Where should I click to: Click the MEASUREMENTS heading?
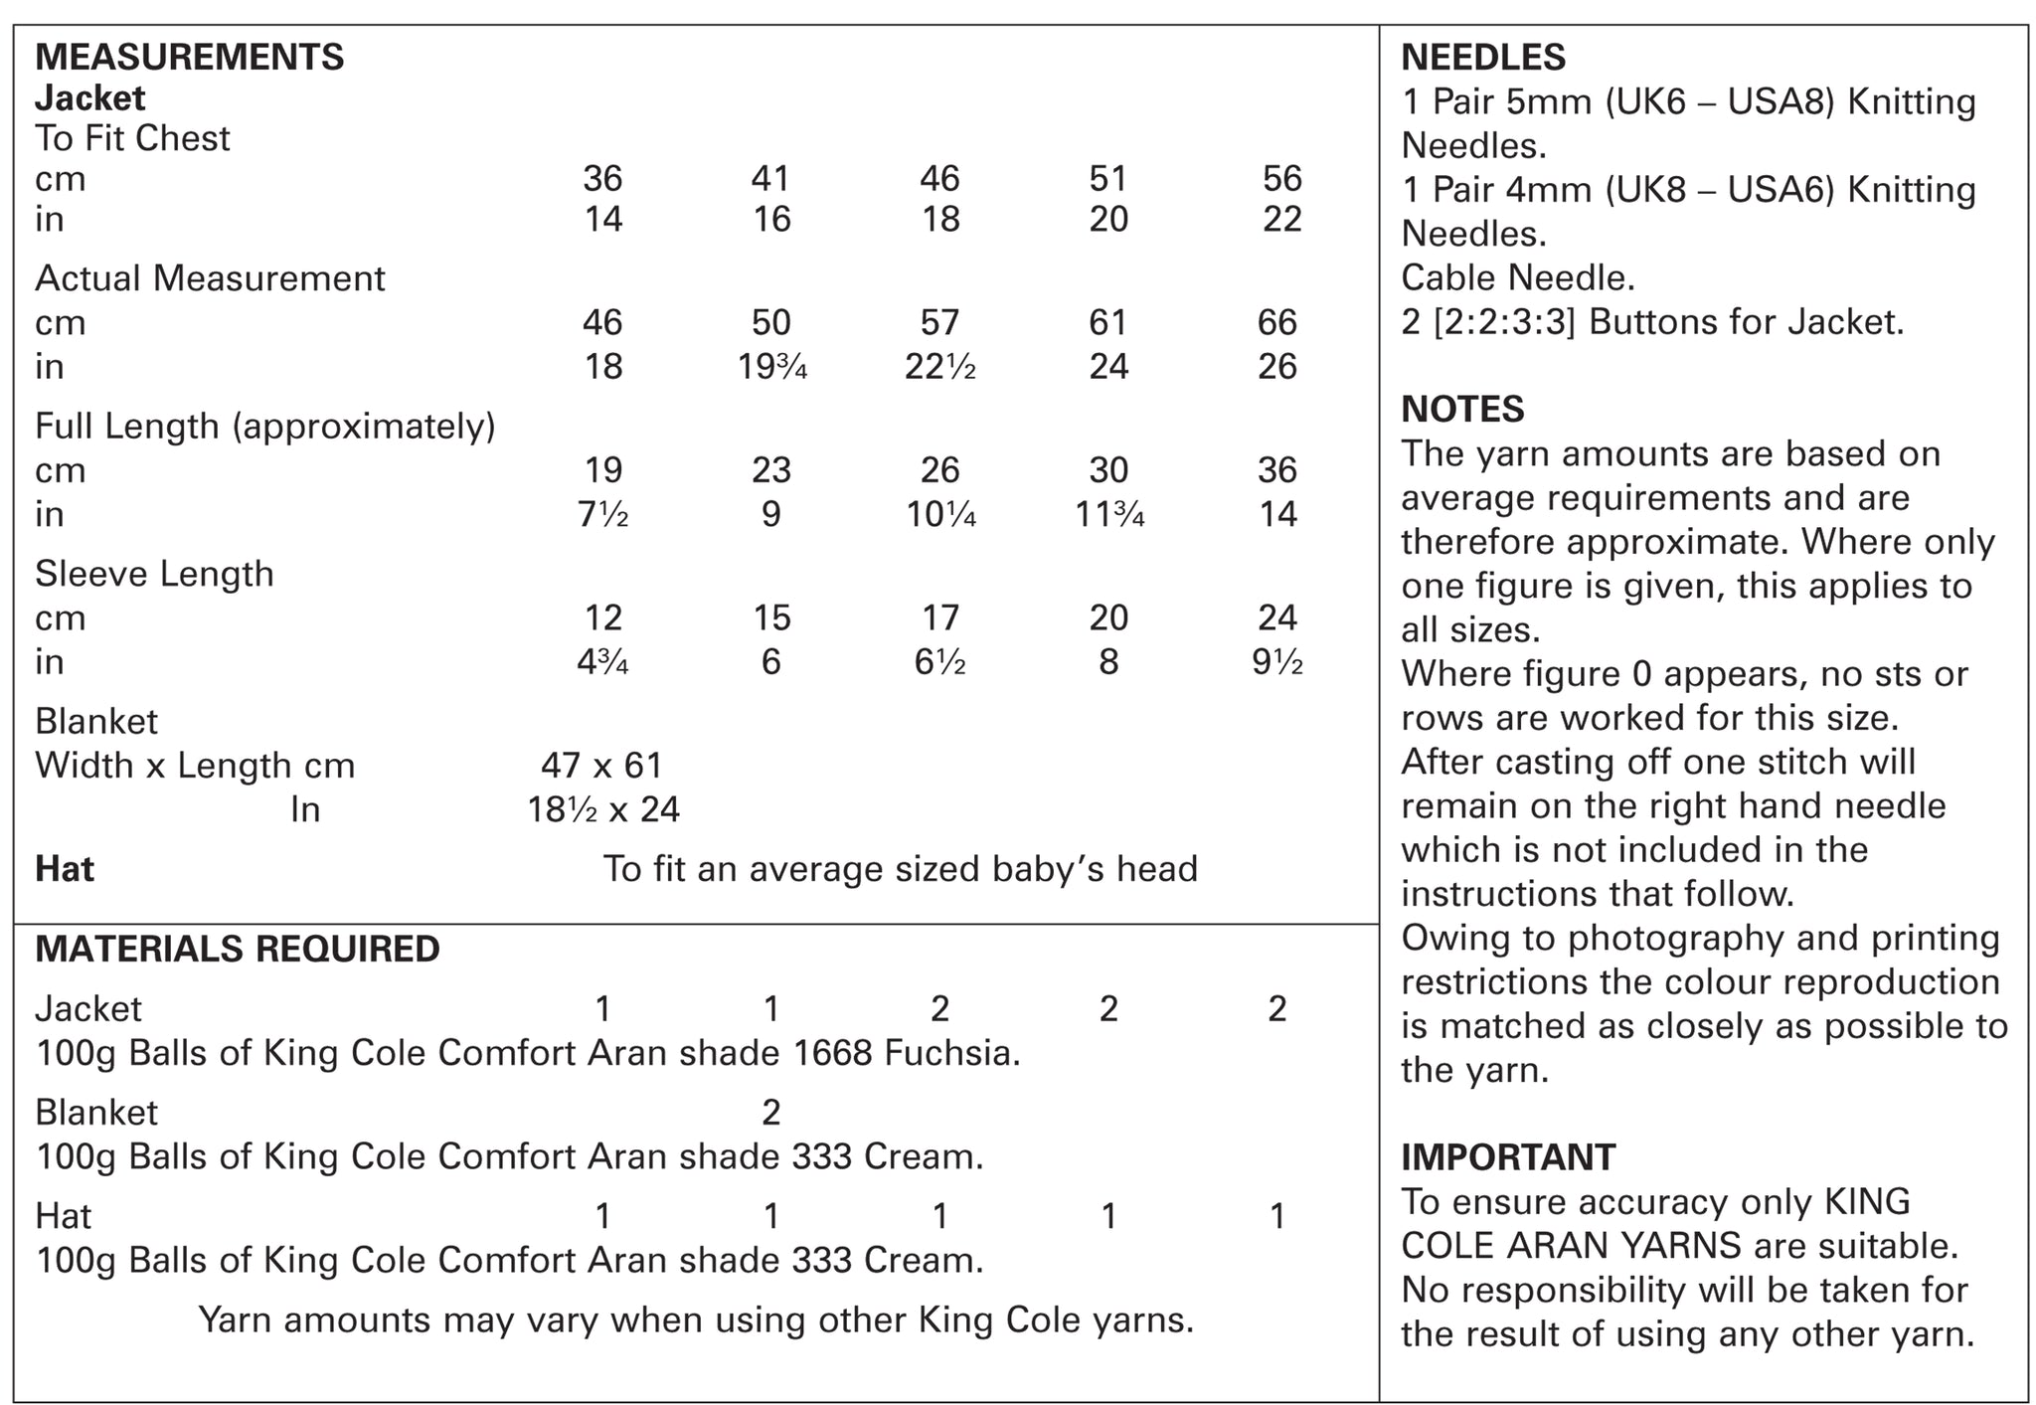pos(189,58)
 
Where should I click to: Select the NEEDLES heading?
pos(1482,58)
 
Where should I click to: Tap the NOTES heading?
pos(1461,410)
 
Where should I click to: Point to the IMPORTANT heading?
pos(1507,1157)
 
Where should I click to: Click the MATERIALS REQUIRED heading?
pos(238,949)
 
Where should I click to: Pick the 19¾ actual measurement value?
pos(771,367)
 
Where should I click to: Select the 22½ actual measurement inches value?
pos(939,367)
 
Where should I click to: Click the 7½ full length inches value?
pos(602,514)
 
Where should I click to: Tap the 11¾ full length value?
pos(1108,514)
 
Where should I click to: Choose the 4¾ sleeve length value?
pos(602,662)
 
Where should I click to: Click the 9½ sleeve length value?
pos(1277,662)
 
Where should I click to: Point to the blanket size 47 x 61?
pos(601,766)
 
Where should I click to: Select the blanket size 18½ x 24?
pos(603,810)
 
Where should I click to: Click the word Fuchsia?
pos(951,1053)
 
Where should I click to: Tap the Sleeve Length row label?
pos(154,574)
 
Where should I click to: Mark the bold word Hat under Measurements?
pos(65,869)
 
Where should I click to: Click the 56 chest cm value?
pos(1281,179)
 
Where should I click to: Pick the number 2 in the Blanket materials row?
pos(771,1113)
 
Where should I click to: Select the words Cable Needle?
pos(1517,278)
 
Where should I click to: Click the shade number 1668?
pos(833,1053)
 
